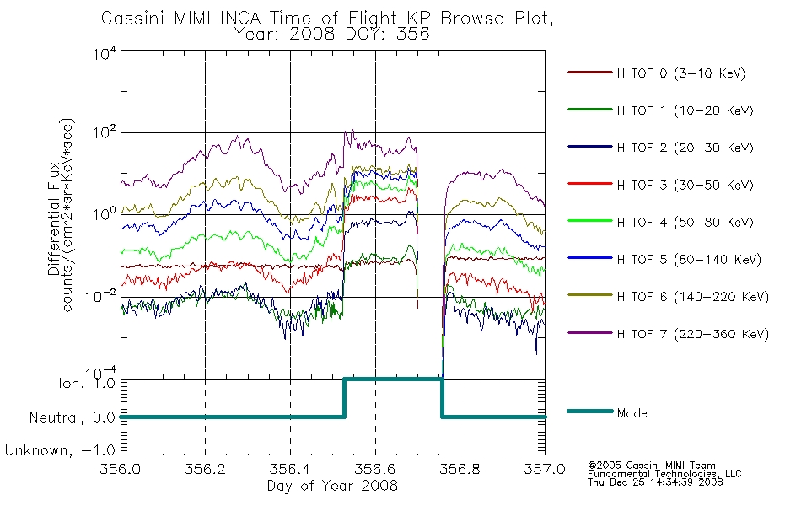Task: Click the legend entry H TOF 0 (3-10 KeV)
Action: [x=681, y=73]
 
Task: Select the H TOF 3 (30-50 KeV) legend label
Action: [x=685, y=185]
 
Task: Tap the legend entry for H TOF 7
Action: [x=693, y=334]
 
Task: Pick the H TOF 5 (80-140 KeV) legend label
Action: [x=689, y=260]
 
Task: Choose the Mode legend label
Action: [x=632, y=413]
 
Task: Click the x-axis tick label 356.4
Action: [x=290, y=469]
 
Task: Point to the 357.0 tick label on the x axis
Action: [x=545, y=469]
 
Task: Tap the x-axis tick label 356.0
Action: [x=121, y=469]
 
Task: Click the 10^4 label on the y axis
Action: [x=105, y=52]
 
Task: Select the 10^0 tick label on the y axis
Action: [x=105, y=213]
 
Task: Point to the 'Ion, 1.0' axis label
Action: [x=87, y=382]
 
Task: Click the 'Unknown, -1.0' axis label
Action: [x=60, y=450]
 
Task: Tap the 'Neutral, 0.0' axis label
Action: [x=73, y=417]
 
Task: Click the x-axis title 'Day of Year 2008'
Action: [x=332, y=486]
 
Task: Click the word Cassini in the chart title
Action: [x=133, y=19]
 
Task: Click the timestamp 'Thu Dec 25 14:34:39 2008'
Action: [x=655, y=482]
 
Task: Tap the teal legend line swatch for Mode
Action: [x=590, y=411]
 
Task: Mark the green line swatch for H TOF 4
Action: [x=590, y=221]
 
